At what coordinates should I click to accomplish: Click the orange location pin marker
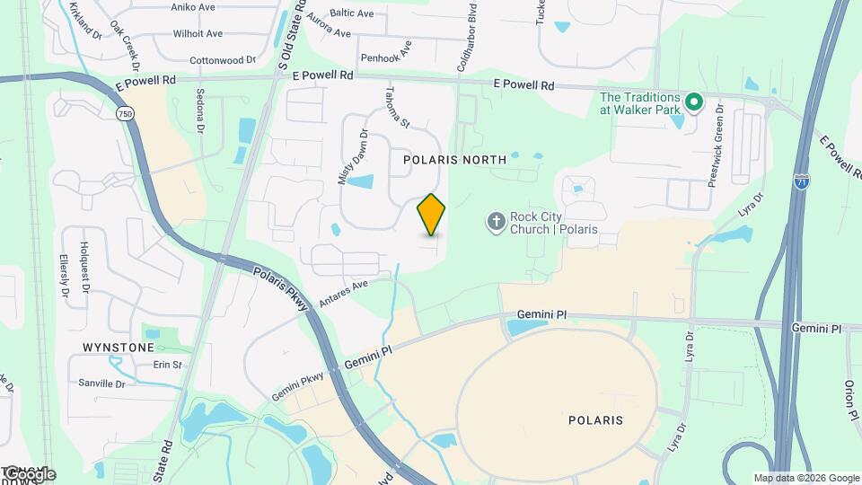click(432, 214)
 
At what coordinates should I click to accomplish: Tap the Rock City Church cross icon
click(495, 221)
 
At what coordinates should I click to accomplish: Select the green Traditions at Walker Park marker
click(693, 102)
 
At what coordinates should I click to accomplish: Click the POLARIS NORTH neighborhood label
click(454, 159)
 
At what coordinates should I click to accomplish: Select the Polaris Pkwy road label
click(280, 290)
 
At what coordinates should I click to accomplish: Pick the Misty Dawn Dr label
click(353, 157)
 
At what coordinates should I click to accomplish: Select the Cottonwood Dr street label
click(223, 61)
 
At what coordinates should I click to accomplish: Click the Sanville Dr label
click(102, 384)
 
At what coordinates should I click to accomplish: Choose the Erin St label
click(167, 365)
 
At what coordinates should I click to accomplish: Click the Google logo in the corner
click(29, 473)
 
